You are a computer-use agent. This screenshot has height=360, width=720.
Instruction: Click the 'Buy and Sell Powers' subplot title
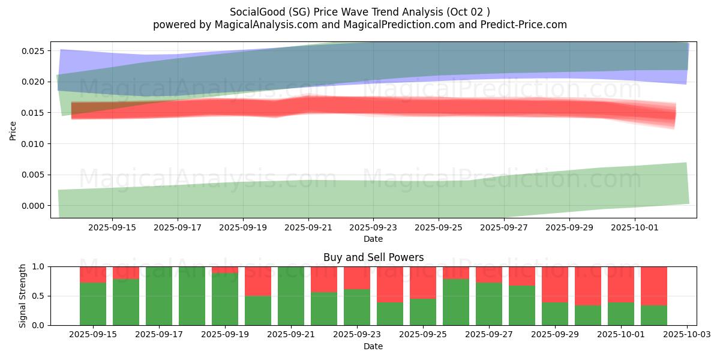click(373, 257)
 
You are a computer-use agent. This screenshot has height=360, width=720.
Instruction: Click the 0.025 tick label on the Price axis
click(34, 51)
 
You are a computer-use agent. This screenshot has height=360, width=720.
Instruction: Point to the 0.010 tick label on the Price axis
click(34, 144)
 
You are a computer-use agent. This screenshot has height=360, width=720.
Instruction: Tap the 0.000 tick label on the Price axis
click(34, 206)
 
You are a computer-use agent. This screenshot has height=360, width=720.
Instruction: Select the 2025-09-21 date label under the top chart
click(308, 228)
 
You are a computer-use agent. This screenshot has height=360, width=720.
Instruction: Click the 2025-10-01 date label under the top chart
click(635, 228)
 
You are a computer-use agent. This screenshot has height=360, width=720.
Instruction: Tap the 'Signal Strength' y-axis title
click(23, 296)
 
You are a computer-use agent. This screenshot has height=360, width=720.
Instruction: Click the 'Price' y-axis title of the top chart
click(13, 130)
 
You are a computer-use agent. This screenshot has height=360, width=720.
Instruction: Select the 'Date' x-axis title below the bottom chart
click(373, 346)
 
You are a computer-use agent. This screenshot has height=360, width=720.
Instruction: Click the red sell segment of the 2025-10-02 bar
click(654, 286)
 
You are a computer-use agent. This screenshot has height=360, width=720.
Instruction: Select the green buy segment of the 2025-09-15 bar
click(93, 304)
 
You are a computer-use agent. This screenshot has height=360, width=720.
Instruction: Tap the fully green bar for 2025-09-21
click(291, 296)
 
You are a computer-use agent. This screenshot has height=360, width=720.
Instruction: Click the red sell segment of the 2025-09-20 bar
click(258, 281)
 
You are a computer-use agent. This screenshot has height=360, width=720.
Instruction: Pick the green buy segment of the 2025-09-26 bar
click(456, 302)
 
